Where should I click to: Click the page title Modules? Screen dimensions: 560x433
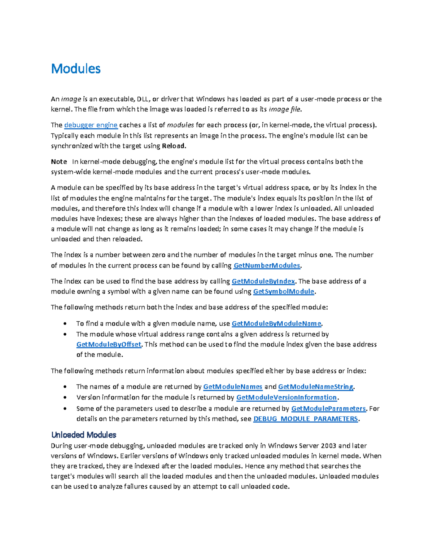pos(76,69)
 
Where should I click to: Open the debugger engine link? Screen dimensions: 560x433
pos(91,125)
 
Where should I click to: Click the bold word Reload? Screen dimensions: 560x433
pos(174,146)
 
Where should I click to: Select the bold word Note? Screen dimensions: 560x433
pos(59,162)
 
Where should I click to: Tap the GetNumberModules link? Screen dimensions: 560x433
pos(267,266)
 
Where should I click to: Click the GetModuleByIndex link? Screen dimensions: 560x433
pos(263,281)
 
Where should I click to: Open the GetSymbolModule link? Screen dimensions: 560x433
pos(284,291)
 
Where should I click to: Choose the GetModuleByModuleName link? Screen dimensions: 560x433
pos(276,323)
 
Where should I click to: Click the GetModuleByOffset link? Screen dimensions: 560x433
pos(109,344)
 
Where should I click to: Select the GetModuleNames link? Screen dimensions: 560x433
pos(233,387)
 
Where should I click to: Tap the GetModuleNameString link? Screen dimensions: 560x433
pos(316,387)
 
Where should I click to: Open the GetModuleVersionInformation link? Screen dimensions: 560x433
pos(287,397)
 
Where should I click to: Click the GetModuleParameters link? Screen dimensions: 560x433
pos(328,409)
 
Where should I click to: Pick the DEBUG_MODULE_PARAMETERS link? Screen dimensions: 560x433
pos(306,419)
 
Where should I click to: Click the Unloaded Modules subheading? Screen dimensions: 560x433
pos(84,435)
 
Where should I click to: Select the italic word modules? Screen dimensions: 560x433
pos(180,125)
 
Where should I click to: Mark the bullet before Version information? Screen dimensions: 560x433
pos(65,398)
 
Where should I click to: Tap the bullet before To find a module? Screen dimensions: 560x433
pos(65,324)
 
